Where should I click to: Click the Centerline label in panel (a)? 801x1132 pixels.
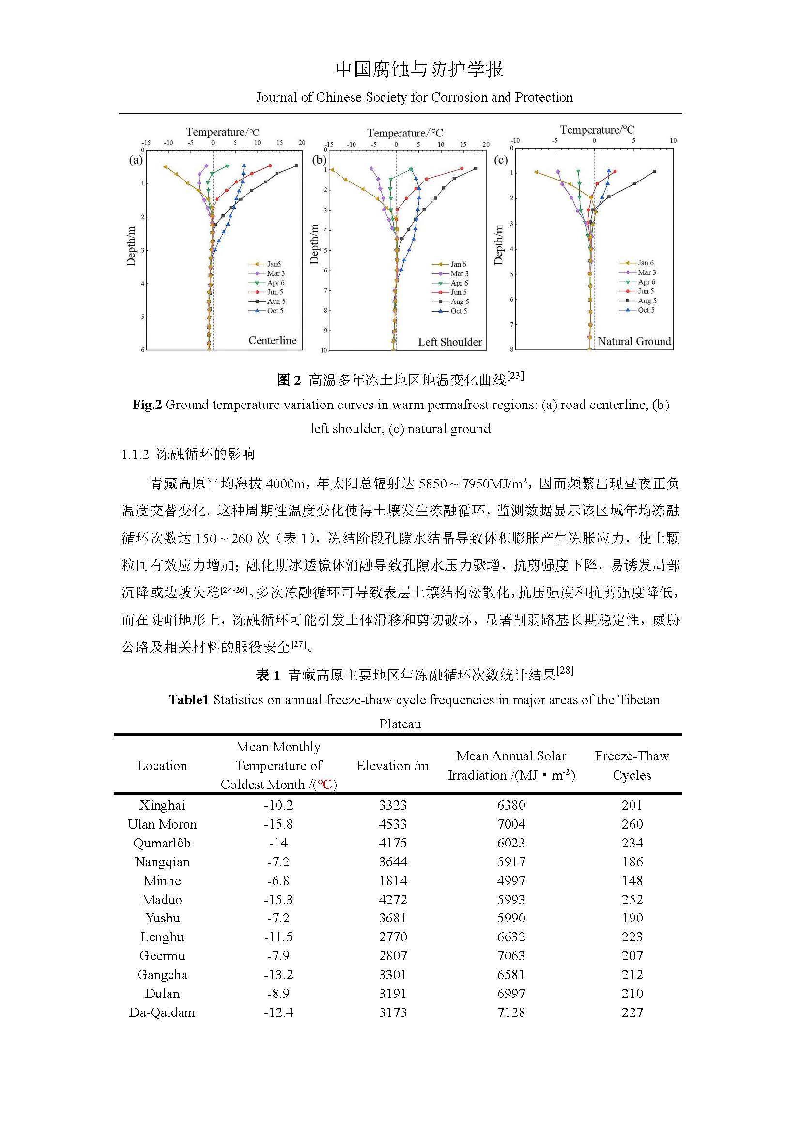click(272, 340)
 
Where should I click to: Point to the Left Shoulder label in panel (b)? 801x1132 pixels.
click(450, 342)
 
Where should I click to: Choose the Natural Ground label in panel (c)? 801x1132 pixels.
click(634, 341)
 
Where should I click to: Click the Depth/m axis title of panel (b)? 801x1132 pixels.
click(314, 244)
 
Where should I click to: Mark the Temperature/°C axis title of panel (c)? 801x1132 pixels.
click(597, 130)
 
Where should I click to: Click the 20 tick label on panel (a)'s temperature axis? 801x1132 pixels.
click(302, 143)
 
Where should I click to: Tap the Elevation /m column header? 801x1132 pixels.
click(393, 766)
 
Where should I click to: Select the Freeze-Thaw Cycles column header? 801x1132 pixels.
click(632, 766)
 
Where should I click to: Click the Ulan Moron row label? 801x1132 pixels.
click(162, 824)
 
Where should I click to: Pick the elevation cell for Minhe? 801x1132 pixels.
click(393, 880)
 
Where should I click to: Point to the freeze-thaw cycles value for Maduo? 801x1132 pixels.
click(632, 899)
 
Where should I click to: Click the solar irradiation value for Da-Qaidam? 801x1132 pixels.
click(511, 1012)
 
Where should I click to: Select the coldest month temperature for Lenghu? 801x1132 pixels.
click(278, 937)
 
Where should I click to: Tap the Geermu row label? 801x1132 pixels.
click(162, 955)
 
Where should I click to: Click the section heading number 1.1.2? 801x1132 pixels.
click(135, 454)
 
